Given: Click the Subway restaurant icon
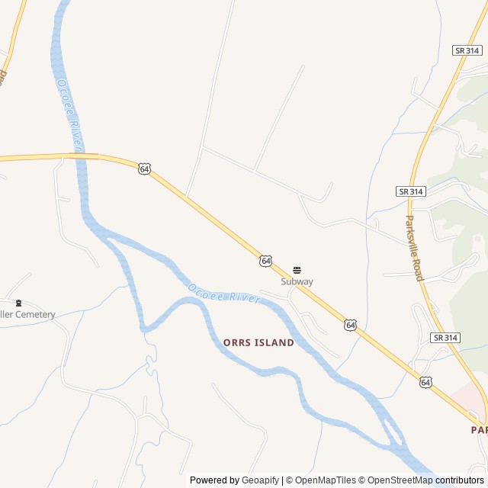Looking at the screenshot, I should coord(297,270).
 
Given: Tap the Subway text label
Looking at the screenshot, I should coord(297,281).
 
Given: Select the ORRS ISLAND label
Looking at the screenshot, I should coord(258,343).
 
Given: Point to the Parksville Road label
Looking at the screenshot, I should coord(413,247).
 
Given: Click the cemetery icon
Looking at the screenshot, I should coord(19,303).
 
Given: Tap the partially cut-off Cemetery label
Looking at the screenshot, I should coord(28,314).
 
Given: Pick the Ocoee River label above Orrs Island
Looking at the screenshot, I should coord(223,294).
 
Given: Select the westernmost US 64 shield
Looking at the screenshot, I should coord(144,169).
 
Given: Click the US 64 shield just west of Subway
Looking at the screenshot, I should coord(265,261).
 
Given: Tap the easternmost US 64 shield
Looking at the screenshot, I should coord(425,381).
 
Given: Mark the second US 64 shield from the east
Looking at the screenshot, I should coord(349,325).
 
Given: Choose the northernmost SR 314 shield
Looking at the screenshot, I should coord(467,50).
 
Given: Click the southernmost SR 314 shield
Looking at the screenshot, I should coord(445,337).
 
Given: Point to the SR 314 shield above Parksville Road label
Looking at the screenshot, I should coord(411,191).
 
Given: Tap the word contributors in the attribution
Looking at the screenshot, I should coord(460,480).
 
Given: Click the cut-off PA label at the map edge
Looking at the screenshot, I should coord(479,430).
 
